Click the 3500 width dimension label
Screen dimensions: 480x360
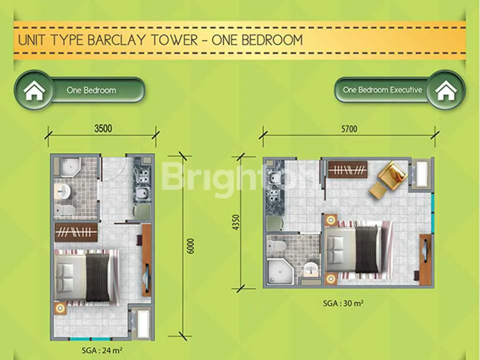[x=103, y=128]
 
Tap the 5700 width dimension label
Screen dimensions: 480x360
[x=349, y=129]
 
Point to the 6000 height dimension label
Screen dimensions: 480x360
[x=190, y=246]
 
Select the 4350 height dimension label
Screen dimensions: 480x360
[x=236, y=222]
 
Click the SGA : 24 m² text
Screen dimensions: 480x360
[x=102, y=350]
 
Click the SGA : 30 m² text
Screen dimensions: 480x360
[x=343, y=303]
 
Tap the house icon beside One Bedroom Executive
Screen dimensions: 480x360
[x=445, y=90]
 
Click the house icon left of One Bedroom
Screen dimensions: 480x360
[x=34, y=90]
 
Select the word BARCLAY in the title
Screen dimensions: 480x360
[x=116, y=40]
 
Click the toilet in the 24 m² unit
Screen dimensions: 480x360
[x=64, y=209]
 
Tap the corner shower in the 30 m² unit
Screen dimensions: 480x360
[x=280, y=271]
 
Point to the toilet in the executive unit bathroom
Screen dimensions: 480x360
[x=279, y=244]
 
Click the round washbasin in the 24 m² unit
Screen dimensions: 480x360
[x=63, y=191]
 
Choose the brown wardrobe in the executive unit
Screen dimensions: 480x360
[x=348, y=169]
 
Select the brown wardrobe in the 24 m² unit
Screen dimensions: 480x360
[x=76, y=232]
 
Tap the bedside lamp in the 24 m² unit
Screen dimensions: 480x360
[x=60, y=308]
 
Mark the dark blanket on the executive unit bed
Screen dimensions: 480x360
[x=366, y=249]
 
